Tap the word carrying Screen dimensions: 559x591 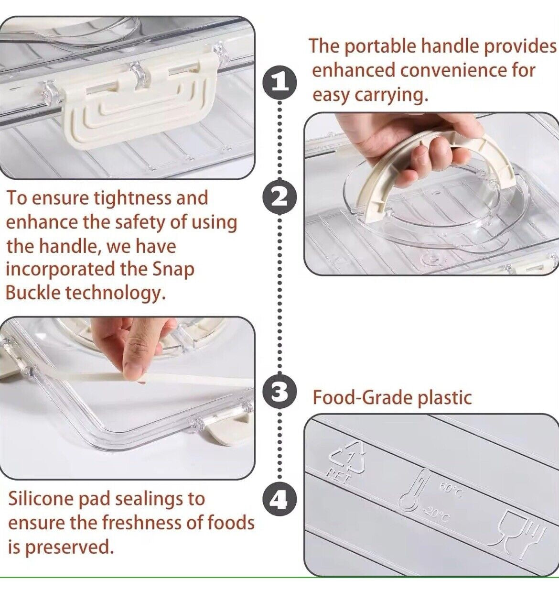(391, 96)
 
